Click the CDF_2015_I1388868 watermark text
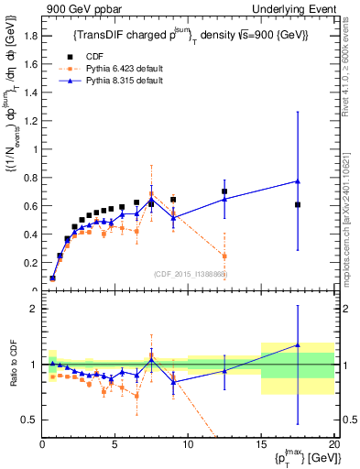(191, 273)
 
